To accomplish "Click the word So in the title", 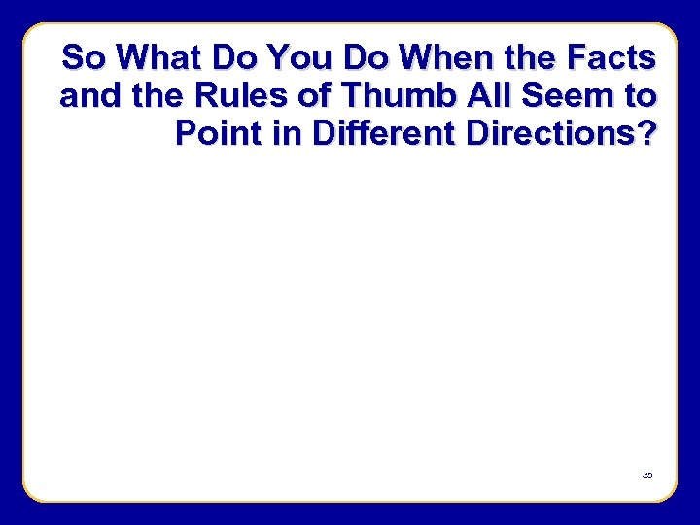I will pyautogui.click(x=84, y=58).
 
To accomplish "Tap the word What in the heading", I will pyautogui.click(x=159, y=58).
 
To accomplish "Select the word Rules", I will pyautogui.click(x=219, y=96).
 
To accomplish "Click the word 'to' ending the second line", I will pyautogui.click(x=638, y=96).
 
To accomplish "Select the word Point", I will pyautogui.click(x=216, y=134).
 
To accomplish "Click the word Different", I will pyautogui.click(x=384, y=134).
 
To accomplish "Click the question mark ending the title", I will pyautogui.click(x=646, y=134).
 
